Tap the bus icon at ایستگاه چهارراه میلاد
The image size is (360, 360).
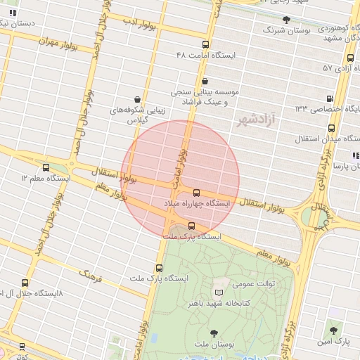pos(195,193)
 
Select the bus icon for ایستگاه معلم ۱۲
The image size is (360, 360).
pos(46,168)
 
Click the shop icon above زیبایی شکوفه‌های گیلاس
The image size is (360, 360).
pos(136,100)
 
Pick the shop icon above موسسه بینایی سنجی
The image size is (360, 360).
pos(204,82)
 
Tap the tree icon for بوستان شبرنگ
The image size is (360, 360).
pos(285,20)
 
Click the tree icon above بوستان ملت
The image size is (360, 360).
pos(214,333)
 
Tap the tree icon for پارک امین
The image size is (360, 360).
pos(332,329)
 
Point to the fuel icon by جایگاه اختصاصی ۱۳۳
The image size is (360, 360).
pos(330,98)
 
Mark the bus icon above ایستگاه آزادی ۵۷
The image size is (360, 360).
pos(349,58)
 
